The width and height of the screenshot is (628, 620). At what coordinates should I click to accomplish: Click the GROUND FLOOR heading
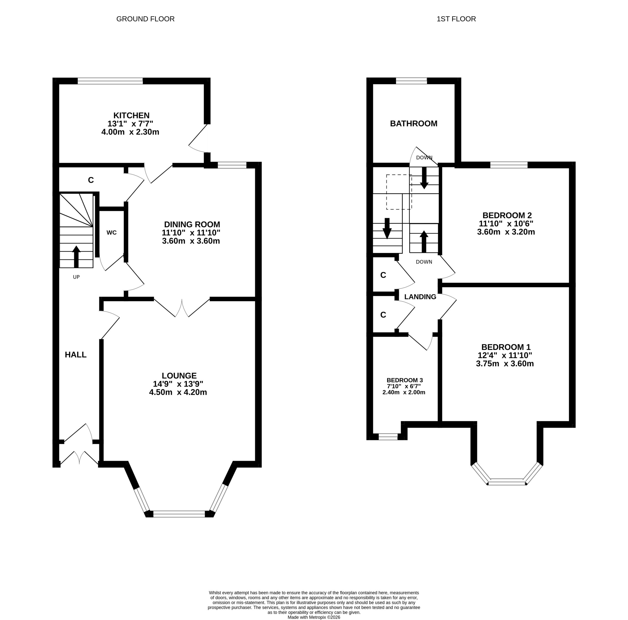(145, 19)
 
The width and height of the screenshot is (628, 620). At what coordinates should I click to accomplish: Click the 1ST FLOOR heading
(456, 19)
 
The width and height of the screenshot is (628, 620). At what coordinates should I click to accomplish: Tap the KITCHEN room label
(131, 115)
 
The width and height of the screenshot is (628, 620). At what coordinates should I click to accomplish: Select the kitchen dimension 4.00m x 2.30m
(130, 132)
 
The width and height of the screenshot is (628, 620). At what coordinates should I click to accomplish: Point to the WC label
(111, 233)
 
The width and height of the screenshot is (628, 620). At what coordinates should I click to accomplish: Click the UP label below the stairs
(76, 277)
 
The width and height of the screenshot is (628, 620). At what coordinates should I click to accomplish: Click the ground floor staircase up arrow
(76, 256)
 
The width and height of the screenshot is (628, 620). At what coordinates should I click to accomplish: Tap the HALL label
(76, 355)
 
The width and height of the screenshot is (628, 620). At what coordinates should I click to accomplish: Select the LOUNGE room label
(179, 376)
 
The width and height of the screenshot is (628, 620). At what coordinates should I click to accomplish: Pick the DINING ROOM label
(192, 224)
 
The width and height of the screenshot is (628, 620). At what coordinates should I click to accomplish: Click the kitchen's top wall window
(110, 81)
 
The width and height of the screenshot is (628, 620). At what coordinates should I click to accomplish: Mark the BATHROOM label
(413, 124)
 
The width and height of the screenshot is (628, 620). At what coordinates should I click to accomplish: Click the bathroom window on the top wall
(411, 81)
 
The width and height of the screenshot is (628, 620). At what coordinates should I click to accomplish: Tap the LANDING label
(420, 297)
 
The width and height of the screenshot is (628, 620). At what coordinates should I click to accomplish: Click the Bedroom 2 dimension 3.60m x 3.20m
(506, 232)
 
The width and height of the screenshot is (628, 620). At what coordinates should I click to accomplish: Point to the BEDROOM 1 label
(506, 347)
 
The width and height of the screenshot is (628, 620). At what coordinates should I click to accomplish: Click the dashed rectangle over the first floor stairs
(399, 175)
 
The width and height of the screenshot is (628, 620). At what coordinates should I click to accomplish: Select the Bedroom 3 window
(388, 437)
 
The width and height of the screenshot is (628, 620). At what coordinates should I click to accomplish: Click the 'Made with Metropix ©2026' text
(314, 617)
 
